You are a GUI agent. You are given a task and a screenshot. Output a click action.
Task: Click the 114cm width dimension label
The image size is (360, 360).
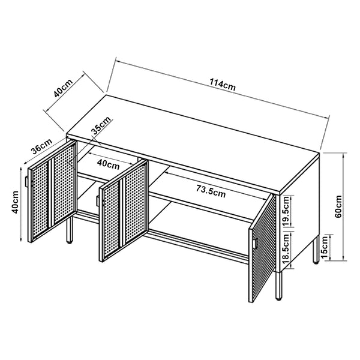point(223,85)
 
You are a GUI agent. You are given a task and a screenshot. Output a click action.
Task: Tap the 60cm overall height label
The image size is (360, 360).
point(338,206)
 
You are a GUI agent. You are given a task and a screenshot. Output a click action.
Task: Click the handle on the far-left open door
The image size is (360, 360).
point(28,182)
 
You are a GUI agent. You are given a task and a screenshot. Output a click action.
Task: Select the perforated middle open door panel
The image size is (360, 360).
point(123,213)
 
